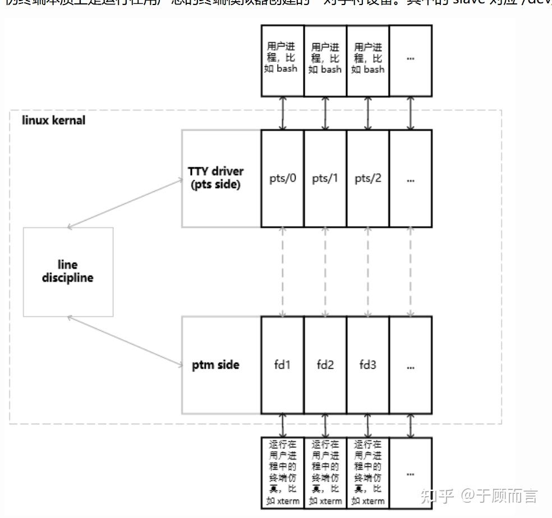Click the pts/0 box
point(282,178)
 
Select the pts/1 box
point(325,178)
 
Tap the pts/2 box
point(367,178)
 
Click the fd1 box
point(282,365)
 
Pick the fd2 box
point(325,365)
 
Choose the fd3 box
point(367,365)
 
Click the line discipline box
point(68,272)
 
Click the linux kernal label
point(54,120)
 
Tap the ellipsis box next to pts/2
point(411,178)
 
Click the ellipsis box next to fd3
point(411,365)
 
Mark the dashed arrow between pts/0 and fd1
point(283,272)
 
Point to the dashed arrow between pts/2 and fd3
point(368,272)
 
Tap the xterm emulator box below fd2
point(325,472)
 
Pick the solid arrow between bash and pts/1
point(325,113)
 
